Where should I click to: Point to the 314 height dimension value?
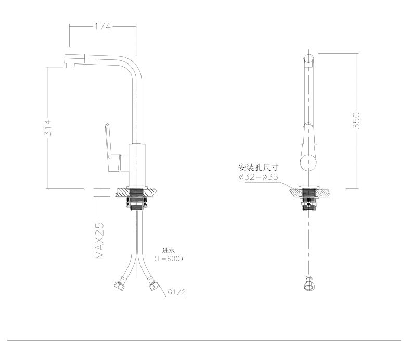pos(48,128)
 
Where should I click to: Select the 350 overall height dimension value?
pos(357,120)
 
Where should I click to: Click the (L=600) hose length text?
pos(168,258)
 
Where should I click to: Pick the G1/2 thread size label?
pos(176,292)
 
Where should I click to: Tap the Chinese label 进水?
pos(168,250)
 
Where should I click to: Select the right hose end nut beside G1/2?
pos(153,285)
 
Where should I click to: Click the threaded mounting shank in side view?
pos(309,198)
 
